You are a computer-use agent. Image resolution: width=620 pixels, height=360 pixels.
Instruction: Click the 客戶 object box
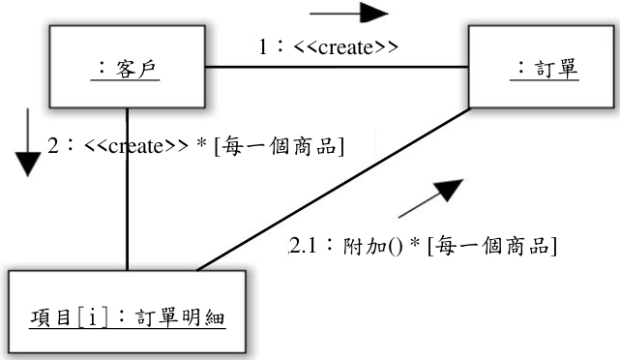(127, 67)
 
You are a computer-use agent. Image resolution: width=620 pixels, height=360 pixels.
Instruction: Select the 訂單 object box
(542, 67)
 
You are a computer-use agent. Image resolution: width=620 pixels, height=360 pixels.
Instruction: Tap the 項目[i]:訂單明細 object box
(127, 312)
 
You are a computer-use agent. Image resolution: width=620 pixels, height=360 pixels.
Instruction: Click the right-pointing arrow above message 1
(349, 13)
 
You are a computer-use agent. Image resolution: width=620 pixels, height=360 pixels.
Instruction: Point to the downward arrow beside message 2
(28, 142)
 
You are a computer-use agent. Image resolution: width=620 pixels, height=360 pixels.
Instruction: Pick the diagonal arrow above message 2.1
(431, 197)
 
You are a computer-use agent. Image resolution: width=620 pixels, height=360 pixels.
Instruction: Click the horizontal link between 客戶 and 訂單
(337, 67)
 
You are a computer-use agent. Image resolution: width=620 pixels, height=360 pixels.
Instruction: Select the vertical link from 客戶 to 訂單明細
(127, 189)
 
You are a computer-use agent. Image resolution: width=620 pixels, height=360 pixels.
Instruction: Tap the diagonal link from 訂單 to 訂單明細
(334, 189)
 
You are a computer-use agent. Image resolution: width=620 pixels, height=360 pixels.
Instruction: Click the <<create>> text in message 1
(346, 47)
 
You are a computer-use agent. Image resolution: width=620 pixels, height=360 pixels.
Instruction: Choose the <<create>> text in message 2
(136, 145)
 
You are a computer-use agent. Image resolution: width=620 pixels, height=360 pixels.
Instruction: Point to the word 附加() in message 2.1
(372, 246)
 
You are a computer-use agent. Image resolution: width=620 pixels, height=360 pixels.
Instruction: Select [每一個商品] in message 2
(280, 146)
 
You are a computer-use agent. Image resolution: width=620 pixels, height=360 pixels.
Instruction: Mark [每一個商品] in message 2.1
(492, 246)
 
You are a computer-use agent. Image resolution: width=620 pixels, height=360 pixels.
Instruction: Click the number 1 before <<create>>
(263, 47)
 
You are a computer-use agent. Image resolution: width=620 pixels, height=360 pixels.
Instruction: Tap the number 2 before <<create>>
(53, 145)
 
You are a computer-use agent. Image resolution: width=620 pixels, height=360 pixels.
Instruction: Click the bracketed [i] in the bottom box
(93, 317)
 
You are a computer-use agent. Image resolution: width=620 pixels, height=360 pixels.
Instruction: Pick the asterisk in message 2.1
(415, 242)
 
